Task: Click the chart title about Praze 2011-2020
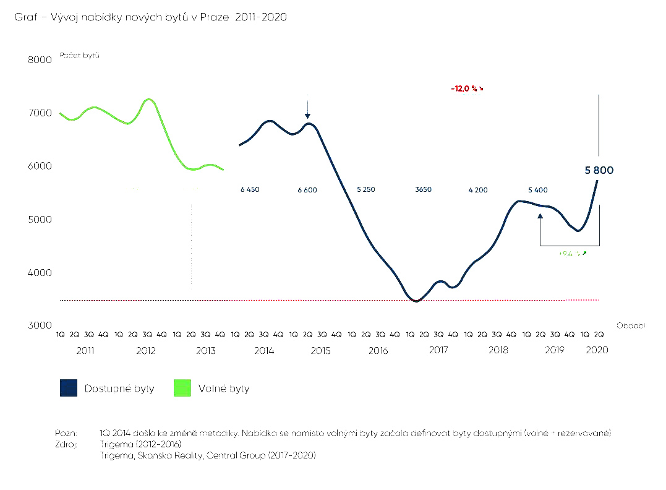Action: click(x=151, y=18)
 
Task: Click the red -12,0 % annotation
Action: click(x=467, y=89)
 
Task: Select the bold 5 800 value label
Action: click(x=599, y=170)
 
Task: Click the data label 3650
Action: click(x=424, y=190)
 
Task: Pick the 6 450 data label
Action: click(x=250, y=190)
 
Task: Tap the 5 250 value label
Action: click(x=365, y=190)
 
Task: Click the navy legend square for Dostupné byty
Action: click(x=69, y=389)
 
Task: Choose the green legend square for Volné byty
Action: click(x=182, y=389)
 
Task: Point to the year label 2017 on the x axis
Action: click(x=438, y=350)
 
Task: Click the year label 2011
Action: click(x=85, y=350)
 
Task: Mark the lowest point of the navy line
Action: click(x=416, y=301)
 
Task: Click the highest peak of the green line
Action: click(x=148, y=99)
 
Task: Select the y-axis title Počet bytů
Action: click(x=80, y=55)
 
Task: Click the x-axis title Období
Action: click(x=630, y=325)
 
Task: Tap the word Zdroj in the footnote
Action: click(x=65, y=444)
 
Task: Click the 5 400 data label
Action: click(x=537, y=190)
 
